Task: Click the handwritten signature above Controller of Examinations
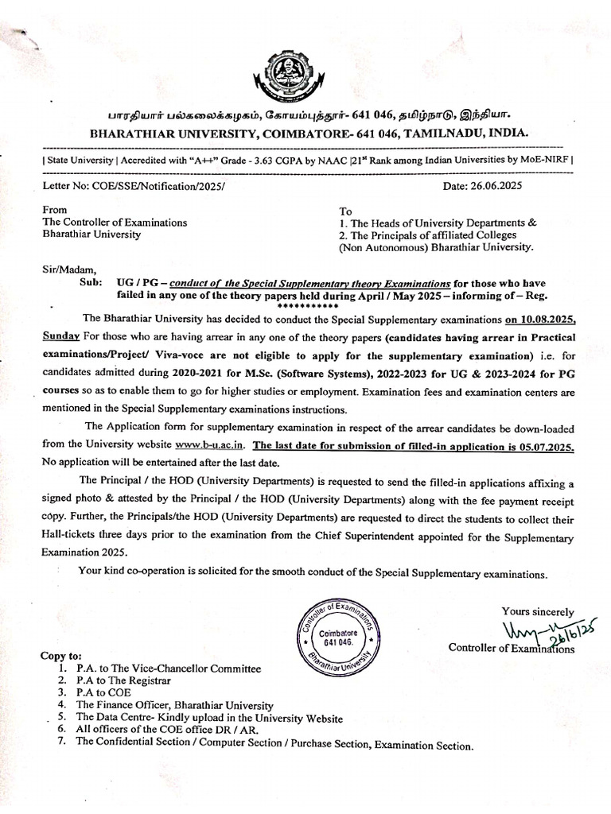pyautogui.click(x=550, y=632)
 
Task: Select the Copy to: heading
pyautogui.click(x=60, y=657)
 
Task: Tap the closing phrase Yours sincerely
pyautogui.click(x=538, y=611)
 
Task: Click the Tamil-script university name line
pyautogui.click(x=305, y=115)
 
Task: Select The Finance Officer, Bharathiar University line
pyautogui.click(x=175, y=704)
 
